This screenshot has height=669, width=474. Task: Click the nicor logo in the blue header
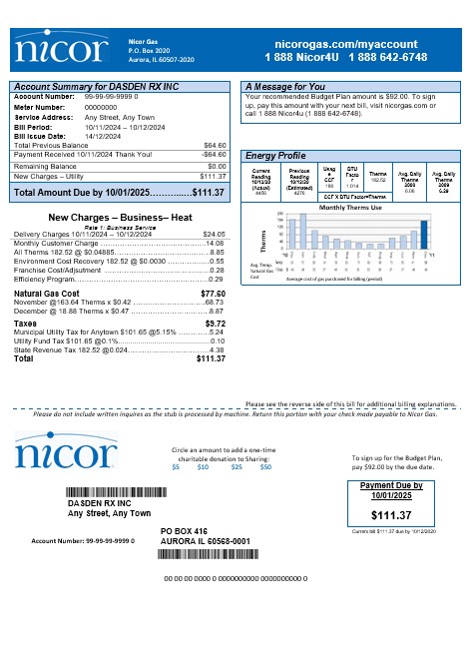pos(63,49)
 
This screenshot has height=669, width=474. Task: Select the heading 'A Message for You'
pos(285,87)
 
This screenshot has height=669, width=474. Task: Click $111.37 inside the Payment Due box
pos(390,515)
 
